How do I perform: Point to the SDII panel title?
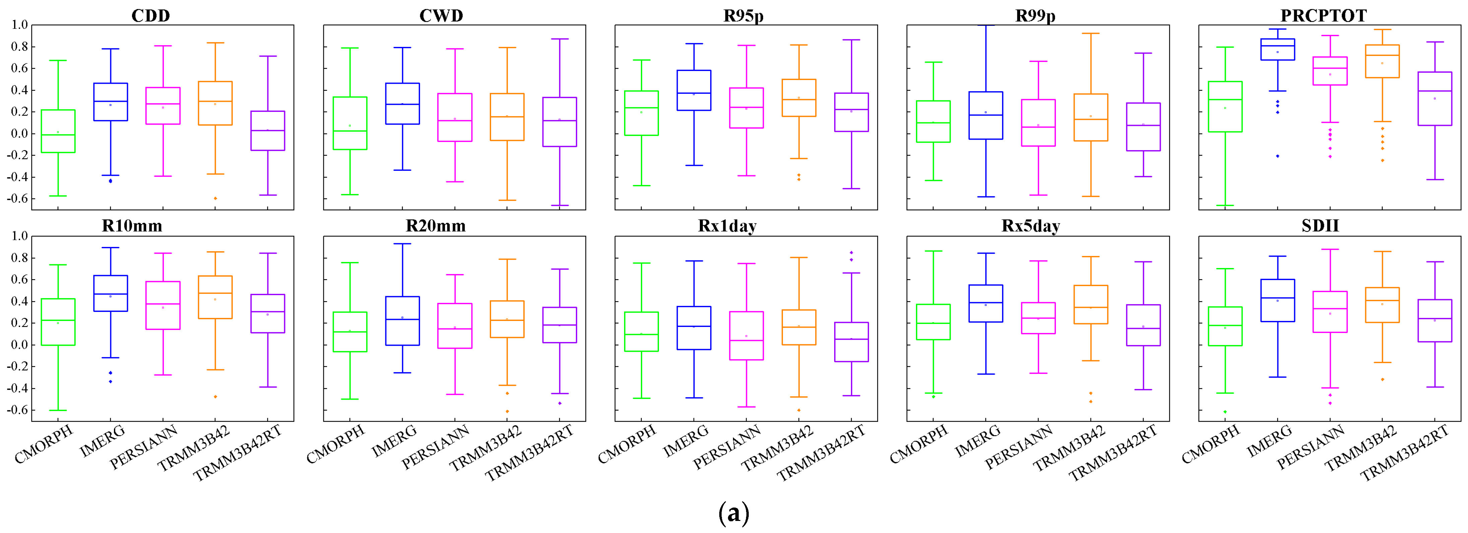pyautogui.click(x=1320, y=226)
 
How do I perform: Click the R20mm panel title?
pyautogui.click(x=436, y=226)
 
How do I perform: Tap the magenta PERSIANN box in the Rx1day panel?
pyautogui.click(x=746, y=335)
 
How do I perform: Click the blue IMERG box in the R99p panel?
pyautogui.click(x=985, y=115)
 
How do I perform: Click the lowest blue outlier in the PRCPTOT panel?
pyautogui.click(x=1277, y=156)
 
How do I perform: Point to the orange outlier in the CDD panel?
pyautogui.click(x=215, y=198)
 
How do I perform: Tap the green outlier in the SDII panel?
pyautogui.click(x=1225, y=412)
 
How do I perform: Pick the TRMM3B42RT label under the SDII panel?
pyautogui.click(x=1405, y=454)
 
